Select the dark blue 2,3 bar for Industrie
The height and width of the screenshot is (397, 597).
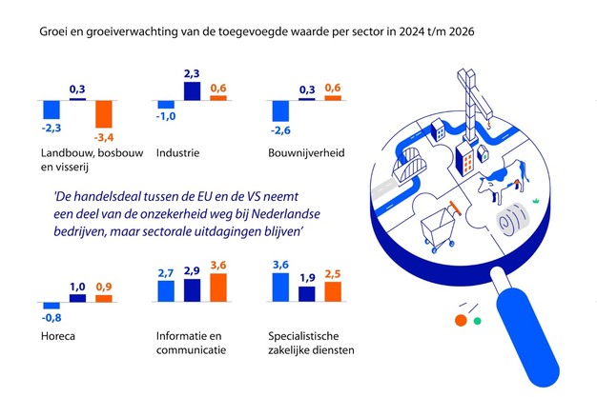click(x=192, y=90)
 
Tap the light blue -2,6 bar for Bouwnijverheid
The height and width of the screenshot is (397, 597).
click(x=281, y=112)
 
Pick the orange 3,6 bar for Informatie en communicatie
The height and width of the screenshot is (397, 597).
click(x=217, y=286)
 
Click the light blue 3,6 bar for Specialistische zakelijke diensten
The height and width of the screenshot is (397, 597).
click(x=281, y=286)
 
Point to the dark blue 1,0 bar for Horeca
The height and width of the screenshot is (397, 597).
click(x=77, y=297)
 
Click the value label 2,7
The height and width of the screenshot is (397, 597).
click(x=166, y=273)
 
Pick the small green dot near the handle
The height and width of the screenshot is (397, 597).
click(x=477, y=321)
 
